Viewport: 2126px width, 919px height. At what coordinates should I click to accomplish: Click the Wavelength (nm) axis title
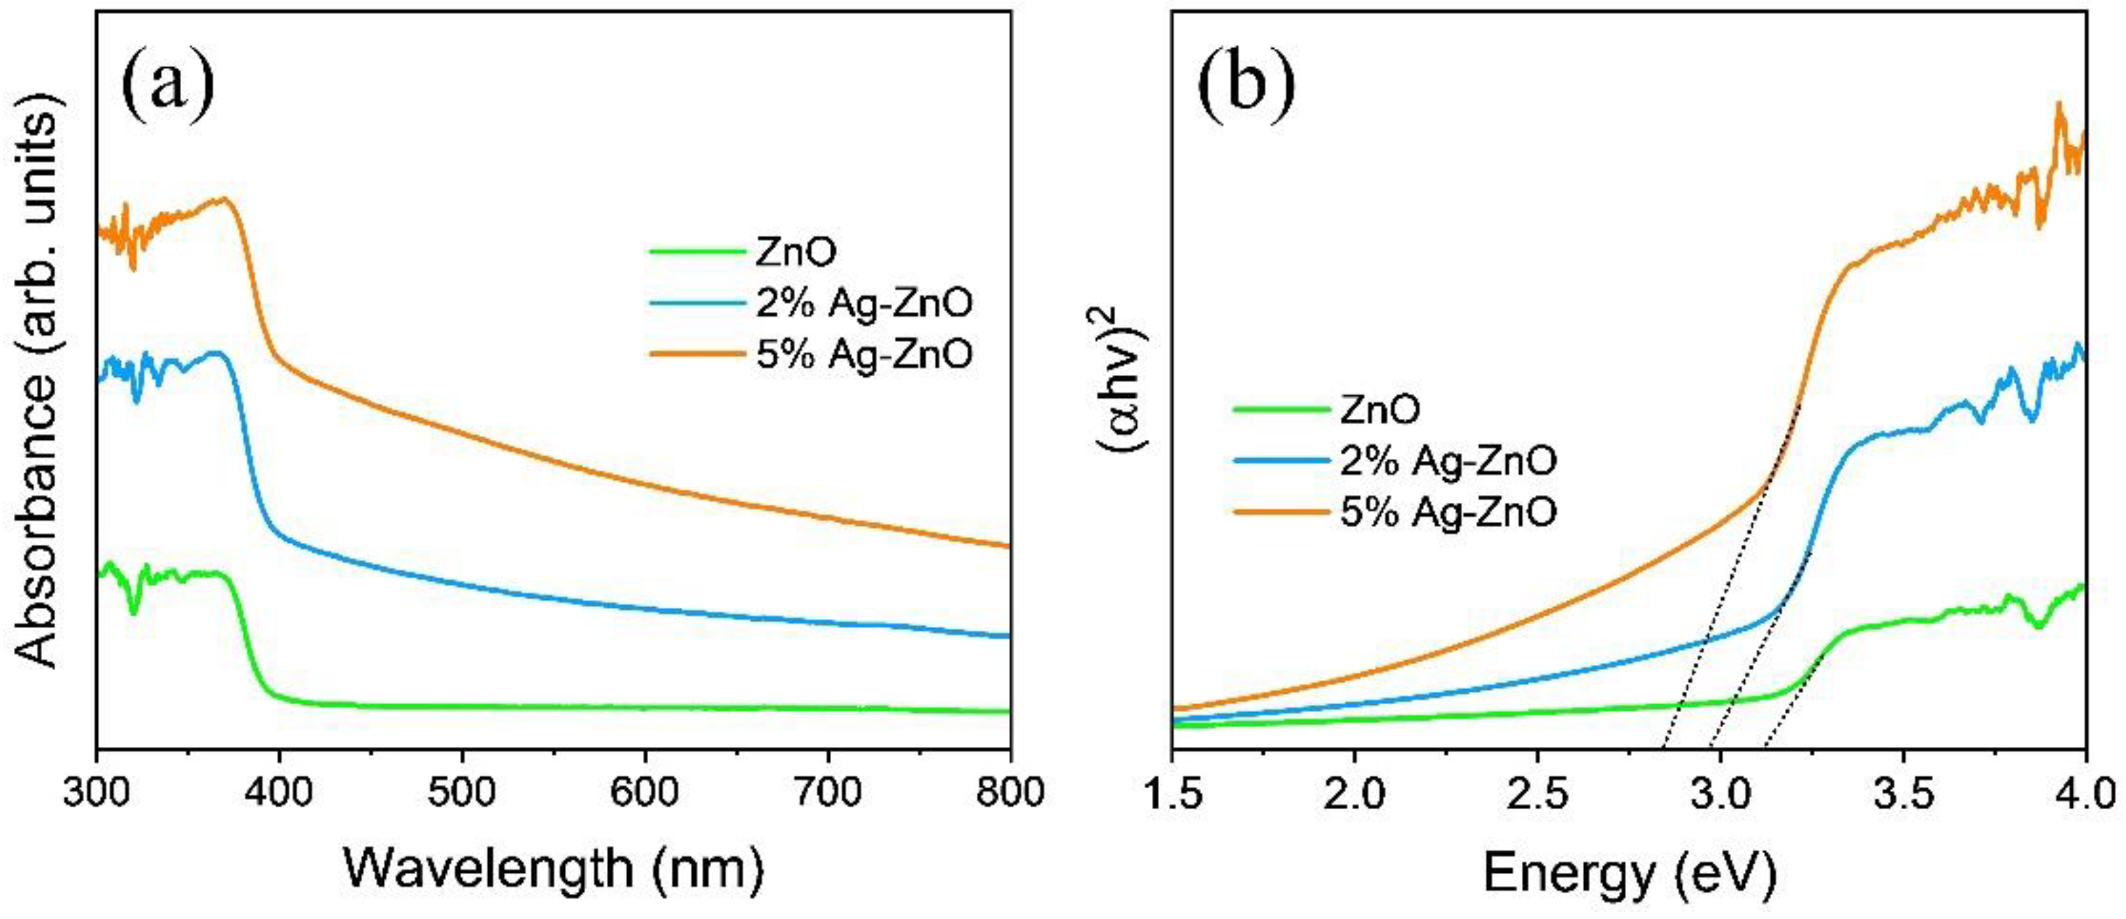coord(553,869)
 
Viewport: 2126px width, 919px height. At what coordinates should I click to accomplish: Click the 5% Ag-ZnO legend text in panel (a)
coord(864,354)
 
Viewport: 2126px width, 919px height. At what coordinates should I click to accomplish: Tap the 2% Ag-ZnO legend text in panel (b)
coord(1449,461)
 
